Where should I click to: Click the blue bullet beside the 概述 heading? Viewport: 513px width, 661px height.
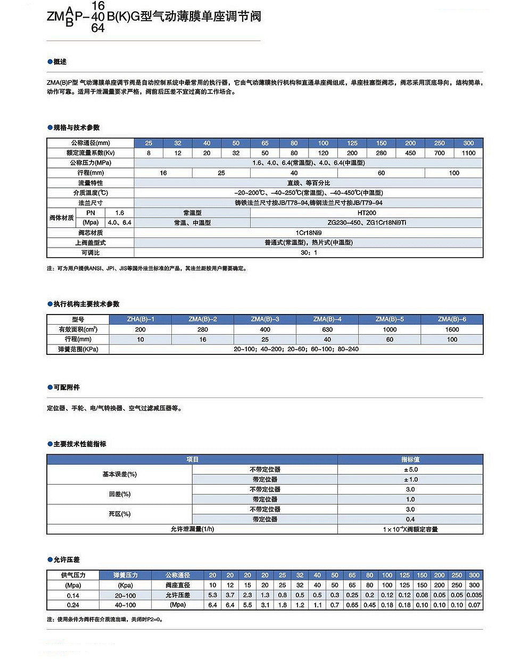pyautogui.click(x=50, y=62)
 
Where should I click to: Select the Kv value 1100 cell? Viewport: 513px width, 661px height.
pyautogui.click(x=468, y=153)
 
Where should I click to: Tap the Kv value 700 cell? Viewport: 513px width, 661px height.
pyautogui.click(x=439, y=153)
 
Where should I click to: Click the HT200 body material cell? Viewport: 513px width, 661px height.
pyautogui.click(x=367, y=213)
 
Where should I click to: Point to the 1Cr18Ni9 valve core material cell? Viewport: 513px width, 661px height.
pyautogui.click(x=309, y=233)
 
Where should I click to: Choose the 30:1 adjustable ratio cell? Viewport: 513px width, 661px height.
pyautogui.click(x=309, y=252)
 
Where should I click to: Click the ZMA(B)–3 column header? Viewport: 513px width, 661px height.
pyautogui.click(x=265, y=319)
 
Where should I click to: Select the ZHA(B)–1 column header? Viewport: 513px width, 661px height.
pyautogui.click(x=140, y=319)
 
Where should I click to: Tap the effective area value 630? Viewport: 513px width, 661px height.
pyautogui.click(x=327, y=329)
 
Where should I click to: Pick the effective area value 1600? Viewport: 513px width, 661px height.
pyautogui.click(x=452, y=329)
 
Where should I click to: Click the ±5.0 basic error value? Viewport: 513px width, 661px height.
pyautogui.click(x=410, y=470)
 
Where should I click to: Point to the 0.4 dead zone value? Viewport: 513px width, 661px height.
pyautogui.click(x=410, y=519)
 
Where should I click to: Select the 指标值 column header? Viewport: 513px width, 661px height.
pyautogui.click(x=410, y=460)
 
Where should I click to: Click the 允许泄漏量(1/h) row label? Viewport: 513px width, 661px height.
pyautogui.click(x=192, y=529)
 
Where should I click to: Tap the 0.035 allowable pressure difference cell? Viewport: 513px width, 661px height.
pyautogui.click(x=474, y=595)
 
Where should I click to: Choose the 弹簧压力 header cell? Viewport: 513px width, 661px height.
pyautogui.click(x=126, y=575)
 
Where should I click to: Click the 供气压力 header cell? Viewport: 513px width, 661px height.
pyautogui.click(x=73, y=575)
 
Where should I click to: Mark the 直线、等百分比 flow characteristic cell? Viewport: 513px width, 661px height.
pyautogui.click(x=309, y=183)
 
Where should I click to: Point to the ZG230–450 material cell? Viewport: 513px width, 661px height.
pyautogui.click(x=367, y=223)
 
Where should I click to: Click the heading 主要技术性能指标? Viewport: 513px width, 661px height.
pyautogui.click(x=80, y=444)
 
